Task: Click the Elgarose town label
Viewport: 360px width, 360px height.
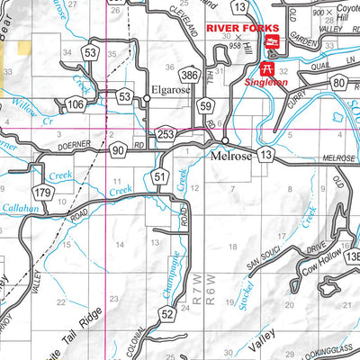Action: point(172,91)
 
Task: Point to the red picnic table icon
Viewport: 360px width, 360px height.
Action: point(266,68)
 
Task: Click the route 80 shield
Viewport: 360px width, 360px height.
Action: point(339,84)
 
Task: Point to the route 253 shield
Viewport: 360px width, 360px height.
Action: point(165,134)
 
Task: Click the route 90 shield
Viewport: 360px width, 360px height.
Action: point(119,151)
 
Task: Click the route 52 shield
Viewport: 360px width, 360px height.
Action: point(167,313)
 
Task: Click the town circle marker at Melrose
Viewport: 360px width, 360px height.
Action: point(225,142)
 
